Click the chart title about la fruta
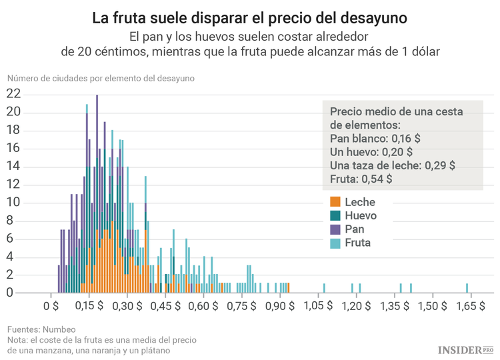click(x=249, y=15)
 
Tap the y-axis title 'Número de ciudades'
click(x=100, y=78)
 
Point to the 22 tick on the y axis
click(x=13, y=94)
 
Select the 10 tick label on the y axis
click(x=13, y=203)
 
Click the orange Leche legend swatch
click(x=335, y=201)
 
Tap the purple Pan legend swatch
click(x=335, y=229)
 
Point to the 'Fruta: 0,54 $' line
click(x=361, y=179)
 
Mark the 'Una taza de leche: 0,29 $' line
click(x=393, y=165)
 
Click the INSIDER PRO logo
click(x=465, y=349)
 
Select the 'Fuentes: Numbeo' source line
click(x=41, y=329)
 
